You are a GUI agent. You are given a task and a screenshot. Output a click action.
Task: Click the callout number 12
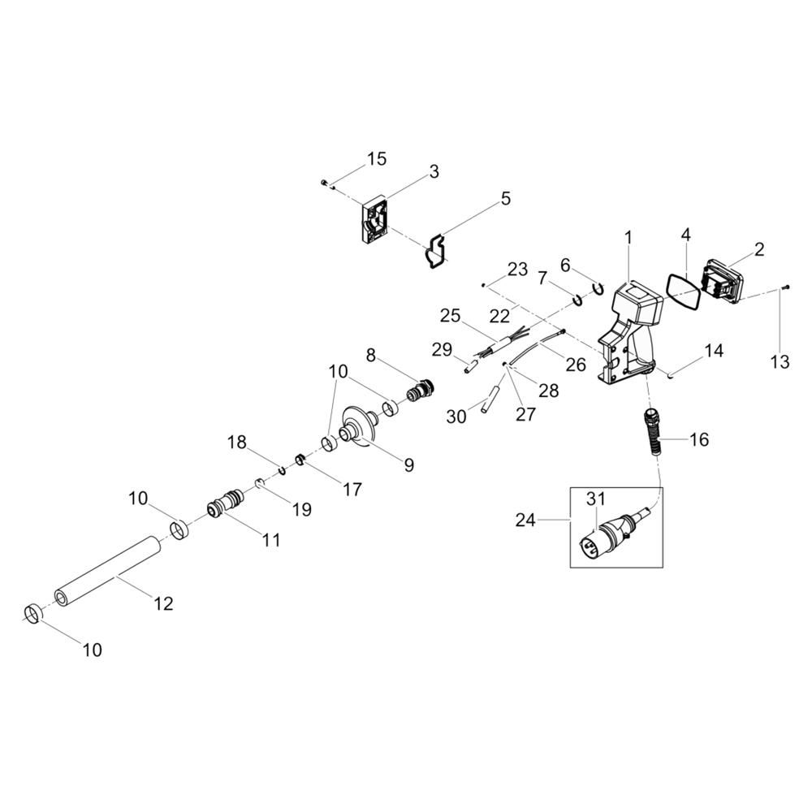click(x=164, y=603)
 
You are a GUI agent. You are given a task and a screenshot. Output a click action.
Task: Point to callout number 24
click(x=525, y=520)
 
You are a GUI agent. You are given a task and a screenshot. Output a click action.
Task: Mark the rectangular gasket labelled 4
click(x=683, y=292)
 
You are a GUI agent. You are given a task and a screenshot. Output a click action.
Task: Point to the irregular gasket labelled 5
click(x=435, y=253)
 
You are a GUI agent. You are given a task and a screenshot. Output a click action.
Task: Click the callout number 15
click(x=377, y=159)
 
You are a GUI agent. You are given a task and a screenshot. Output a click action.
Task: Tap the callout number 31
click(x=595, y=499)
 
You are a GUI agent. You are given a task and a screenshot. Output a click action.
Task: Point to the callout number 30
click(x=456, y=416)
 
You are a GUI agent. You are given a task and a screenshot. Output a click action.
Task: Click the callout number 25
click(x=451, y=315)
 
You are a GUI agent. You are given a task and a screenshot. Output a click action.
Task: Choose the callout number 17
click(x=352, y=489)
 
